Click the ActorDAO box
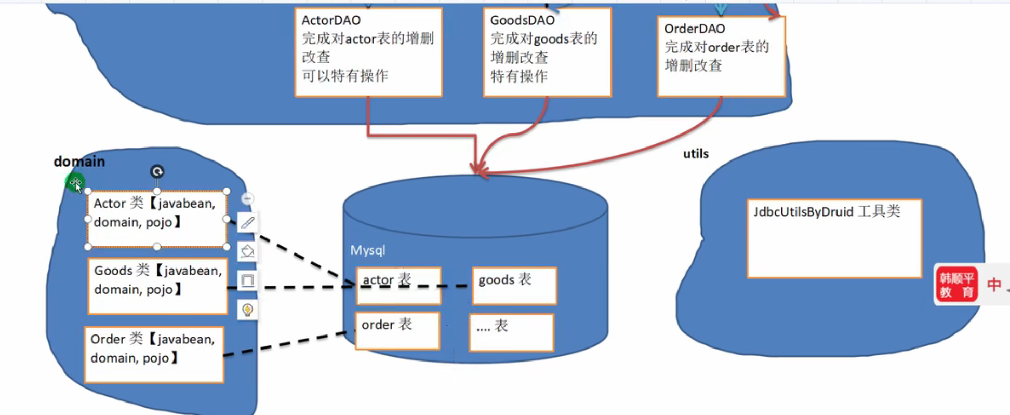click(x=368, y=52)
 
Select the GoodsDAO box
click(x=547, y=52)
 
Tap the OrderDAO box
click(x=721, y=56)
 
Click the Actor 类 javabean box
click(x=157, y=219)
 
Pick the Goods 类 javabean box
click(x=158, y=286)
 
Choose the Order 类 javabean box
click(x=154, y=355)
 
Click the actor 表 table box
click(x=398, y=286)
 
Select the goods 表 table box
click(x=514, y=286)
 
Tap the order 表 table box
click(x=397, y=330)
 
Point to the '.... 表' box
click(x=512, y=332)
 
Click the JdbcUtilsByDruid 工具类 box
click(x=834, y=238)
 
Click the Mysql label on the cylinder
click(x=368, y=250)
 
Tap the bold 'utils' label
click(x=696, y=154)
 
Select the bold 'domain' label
click(x=79, y=162)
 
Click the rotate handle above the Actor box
click(x=157, y=171)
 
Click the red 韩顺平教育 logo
click(x=956, y=285)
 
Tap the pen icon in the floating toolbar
click(x=247, y=223)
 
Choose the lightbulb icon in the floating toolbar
click(x=247, y=310)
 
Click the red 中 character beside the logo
click(x=994, y=285)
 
